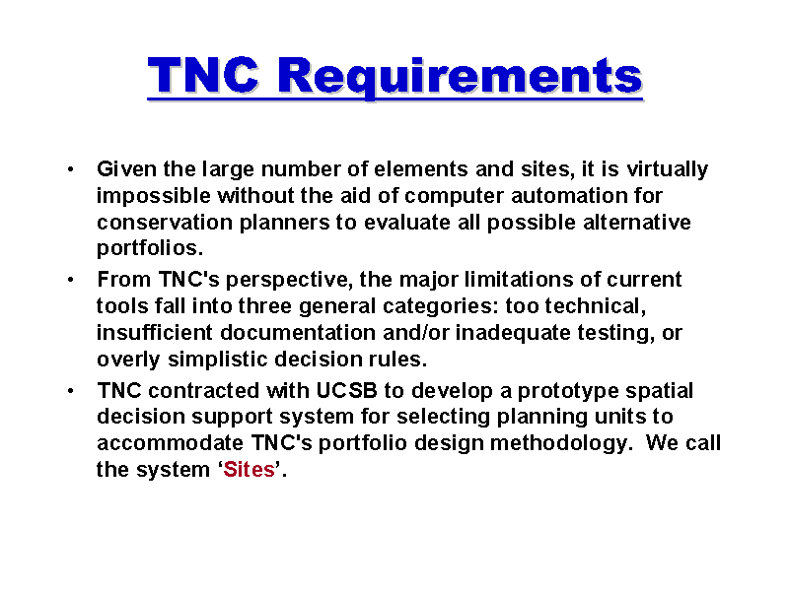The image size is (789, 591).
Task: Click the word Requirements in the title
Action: tap(460, 77)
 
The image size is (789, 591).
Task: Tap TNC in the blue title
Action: tap(203, 76)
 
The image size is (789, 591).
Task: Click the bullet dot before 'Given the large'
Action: tap(70, 169)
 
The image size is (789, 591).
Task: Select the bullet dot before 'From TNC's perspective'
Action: tap(70, 280)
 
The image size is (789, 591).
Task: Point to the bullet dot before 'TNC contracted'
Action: tap(70, 390)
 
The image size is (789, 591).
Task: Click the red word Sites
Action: tap(250, 470)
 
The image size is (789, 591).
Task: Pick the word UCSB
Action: tap(347, 390)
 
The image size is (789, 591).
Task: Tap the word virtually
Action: tap(668, 169)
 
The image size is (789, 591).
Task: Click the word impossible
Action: tap(154, 196)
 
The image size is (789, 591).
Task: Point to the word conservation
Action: tap(165, 223)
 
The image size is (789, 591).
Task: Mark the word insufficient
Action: tap(155, 333)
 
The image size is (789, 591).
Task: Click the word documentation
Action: tap(298, 333)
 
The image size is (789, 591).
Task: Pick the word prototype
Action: tap(568, 391)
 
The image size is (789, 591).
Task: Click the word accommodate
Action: tap(170, 443)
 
